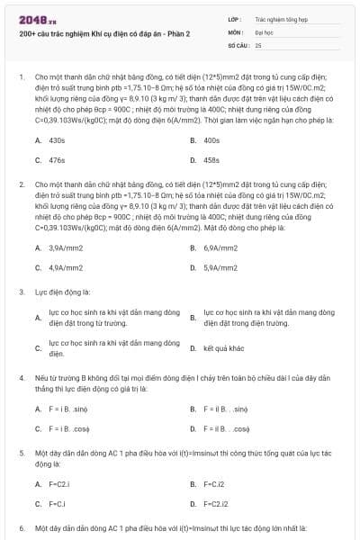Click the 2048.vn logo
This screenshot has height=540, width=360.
coord(39,19)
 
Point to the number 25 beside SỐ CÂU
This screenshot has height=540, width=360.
coord(258,44)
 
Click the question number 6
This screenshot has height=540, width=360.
coord(21,528)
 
